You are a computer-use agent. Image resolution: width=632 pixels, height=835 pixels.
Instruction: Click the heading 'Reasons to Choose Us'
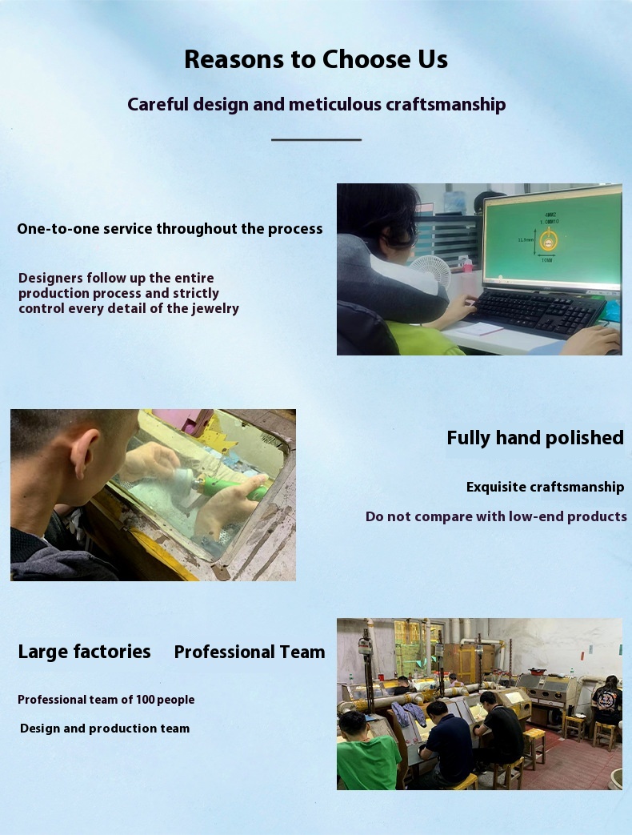coord(316,59)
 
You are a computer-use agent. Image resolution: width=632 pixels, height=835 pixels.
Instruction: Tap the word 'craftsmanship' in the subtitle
coord(446,104)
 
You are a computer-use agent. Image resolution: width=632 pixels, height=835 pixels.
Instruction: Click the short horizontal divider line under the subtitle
coord(316,139)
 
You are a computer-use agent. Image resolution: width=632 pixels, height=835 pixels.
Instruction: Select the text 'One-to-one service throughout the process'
coord(170,228)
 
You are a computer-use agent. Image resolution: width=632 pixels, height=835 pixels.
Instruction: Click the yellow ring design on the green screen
coord(547,241)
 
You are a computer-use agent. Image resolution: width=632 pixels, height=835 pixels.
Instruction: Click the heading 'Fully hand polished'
coord(535,438)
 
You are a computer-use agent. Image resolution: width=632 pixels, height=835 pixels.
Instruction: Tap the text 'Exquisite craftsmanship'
coord(546,488)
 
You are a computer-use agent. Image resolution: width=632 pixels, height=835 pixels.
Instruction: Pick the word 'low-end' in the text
coord(536,516)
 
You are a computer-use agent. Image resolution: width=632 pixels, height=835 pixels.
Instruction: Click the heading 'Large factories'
coord(84,652)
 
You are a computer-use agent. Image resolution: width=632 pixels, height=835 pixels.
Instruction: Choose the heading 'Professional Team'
coord(250,652)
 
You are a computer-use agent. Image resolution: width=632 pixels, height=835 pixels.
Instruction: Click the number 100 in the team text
coord(146,699)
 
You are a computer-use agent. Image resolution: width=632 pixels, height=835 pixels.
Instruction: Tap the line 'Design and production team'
coord(105,729)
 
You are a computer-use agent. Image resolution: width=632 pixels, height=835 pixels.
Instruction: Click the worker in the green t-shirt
coord(367,752)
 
